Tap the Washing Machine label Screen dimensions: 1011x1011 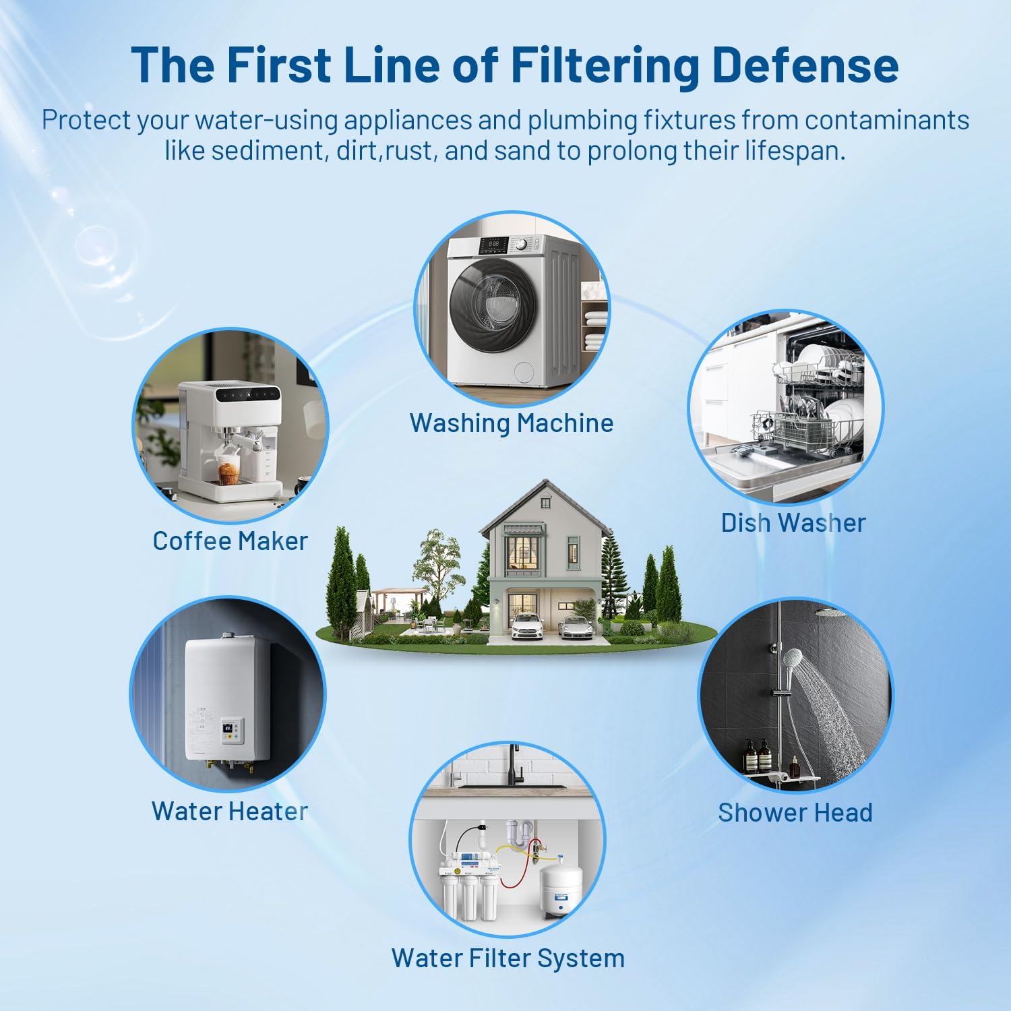pyautogui.click(x=512, y=423)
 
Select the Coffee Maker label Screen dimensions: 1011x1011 pyautogui.click(x=230, y=541)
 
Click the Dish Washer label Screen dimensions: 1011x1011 pyautogui.click(x=793, y=523)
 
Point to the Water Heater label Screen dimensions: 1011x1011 pyautogui.click(x=230, y=811)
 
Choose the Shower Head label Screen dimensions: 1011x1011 pyautogui.click(x=795, y=812)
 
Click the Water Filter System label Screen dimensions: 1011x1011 pyautogui.click(x=508, y=958)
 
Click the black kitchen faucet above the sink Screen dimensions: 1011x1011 pyautogui.click(x=515, y=762)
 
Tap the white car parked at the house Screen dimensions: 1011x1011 pyautogui.click(x=527, y=627)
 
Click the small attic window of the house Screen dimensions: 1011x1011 pyautogui.click(x=546, y=503)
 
